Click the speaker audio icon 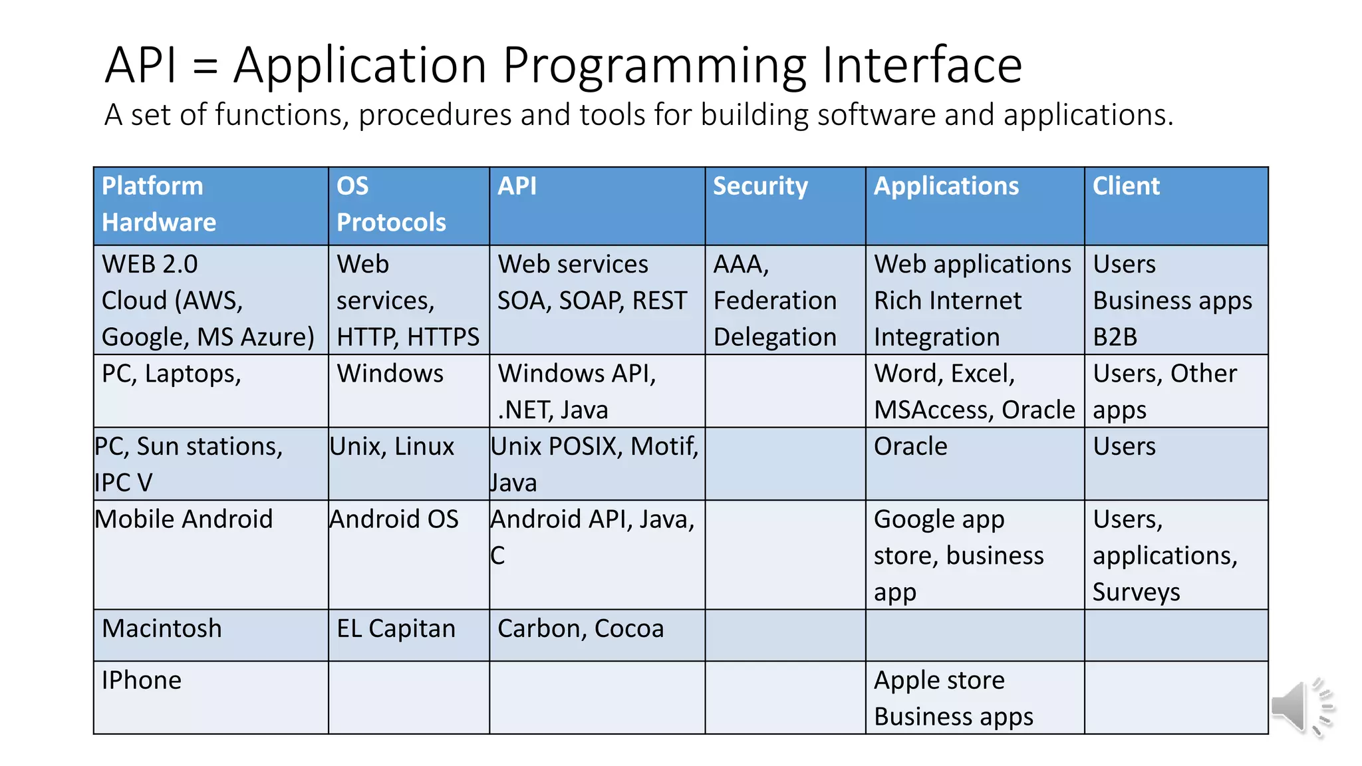tap(1301, 707)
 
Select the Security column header tap(760, 186)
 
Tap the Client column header tap(1126, 186)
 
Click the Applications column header tap(946, 186)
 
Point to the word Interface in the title tap(922, 65)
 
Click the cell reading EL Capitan tap(396, 629)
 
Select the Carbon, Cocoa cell tap(581, 629)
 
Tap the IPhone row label tap(142, 680)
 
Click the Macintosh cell tap(162, 629)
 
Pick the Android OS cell tap(394, 519)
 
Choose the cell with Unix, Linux tap(392, 447)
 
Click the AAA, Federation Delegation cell tap(775, 301)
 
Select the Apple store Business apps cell tap(953, 698)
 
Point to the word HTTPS tap(443, 338)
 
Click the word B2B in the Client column tap(1115, 338)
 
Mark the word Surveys tap(1136, 592)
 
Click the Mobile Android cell tap(184, 519)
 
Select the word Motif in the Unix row tap(661, 447)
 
